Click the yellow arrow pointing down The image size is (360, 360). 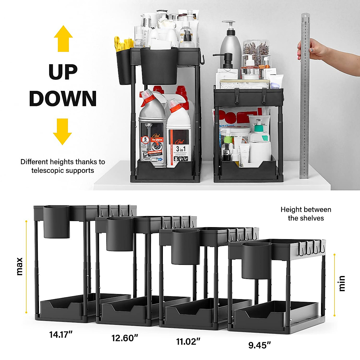coord(62,131)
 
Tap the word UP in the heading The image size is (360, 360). coord(63,72)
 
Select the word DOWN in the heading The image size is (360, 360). coord(63,98)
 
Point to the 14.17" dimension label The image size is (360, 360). coord(61,334)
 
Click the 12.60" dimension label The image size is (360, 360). coord(125,338)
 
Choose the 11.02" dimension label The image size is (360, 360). coord(188,341)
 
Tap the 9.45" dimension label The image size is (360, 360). coord(259,345)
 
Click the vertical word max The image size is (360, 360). coord(19,266)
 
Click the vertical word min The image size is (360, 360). coord(342,283)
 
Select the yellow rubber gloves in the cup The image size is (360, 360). coord(123,44)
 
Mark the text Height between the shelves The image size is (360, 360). coord(306,214)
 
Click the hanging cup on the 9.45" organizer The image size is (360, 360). coord(257,261)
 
